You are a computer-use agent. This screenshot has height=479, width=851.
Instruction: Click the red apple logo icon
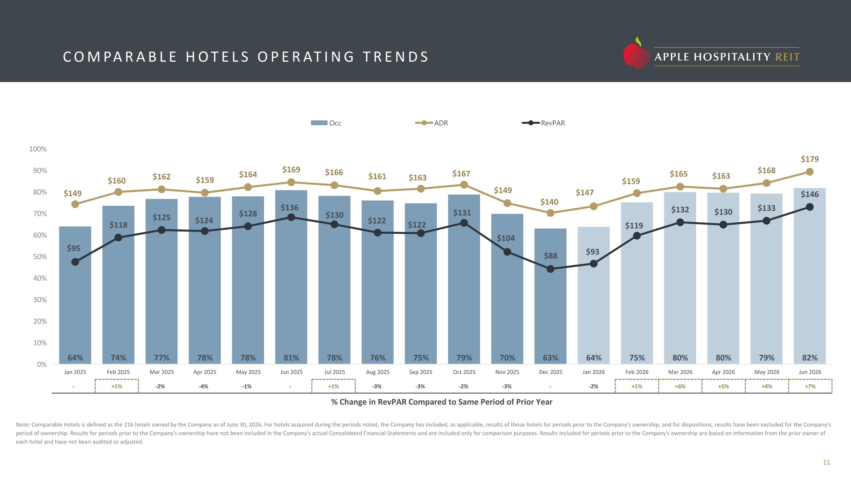(636, 54)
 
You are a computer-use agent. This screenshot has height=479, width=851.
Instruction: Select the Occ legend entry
(326, 123)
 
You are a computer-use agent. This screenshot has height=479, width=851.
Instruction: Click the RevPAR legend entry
(544, 123)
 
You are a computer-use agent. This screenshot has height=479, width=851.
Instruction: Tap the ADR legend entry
(431, 123)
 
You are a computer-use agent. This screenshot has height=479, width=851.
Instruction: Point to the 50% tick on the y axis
(40, 257)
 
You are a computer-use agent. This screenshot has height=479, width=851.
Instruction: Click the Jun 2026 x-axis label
(810, 372)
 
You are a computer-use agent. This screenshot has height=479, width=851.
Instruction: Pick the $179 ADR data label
(810, 159)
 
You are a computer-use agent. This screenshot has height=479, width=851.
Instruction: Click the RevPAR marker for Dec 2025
(550, 269)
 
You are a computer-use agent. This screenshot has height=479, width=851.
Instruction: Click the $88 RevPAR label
(551, 256)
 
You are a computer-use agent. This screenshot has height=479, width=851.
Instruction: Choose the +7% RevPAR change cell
(810, 386)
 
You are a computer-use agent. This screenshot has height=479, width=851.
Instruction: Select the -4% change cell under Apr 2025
(203, 386)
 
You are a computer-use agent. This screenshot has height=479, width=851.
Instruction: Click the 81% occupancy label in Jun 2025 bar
(291, 358)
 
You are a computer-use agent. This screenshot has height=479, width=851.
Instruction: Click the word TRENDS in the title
(395, 57)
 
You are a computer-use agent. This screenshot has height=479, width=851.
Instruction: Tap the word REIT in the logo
(787, 57)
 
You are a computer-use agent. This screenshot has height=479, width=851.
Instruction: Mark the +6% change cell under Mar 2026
(680, 386)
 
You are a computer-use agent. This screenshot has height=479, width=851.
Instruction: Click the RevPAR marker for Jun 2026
(810, 207)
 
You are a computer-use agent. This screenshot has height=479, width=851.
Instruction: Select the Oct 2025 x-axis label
(464, 372)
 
